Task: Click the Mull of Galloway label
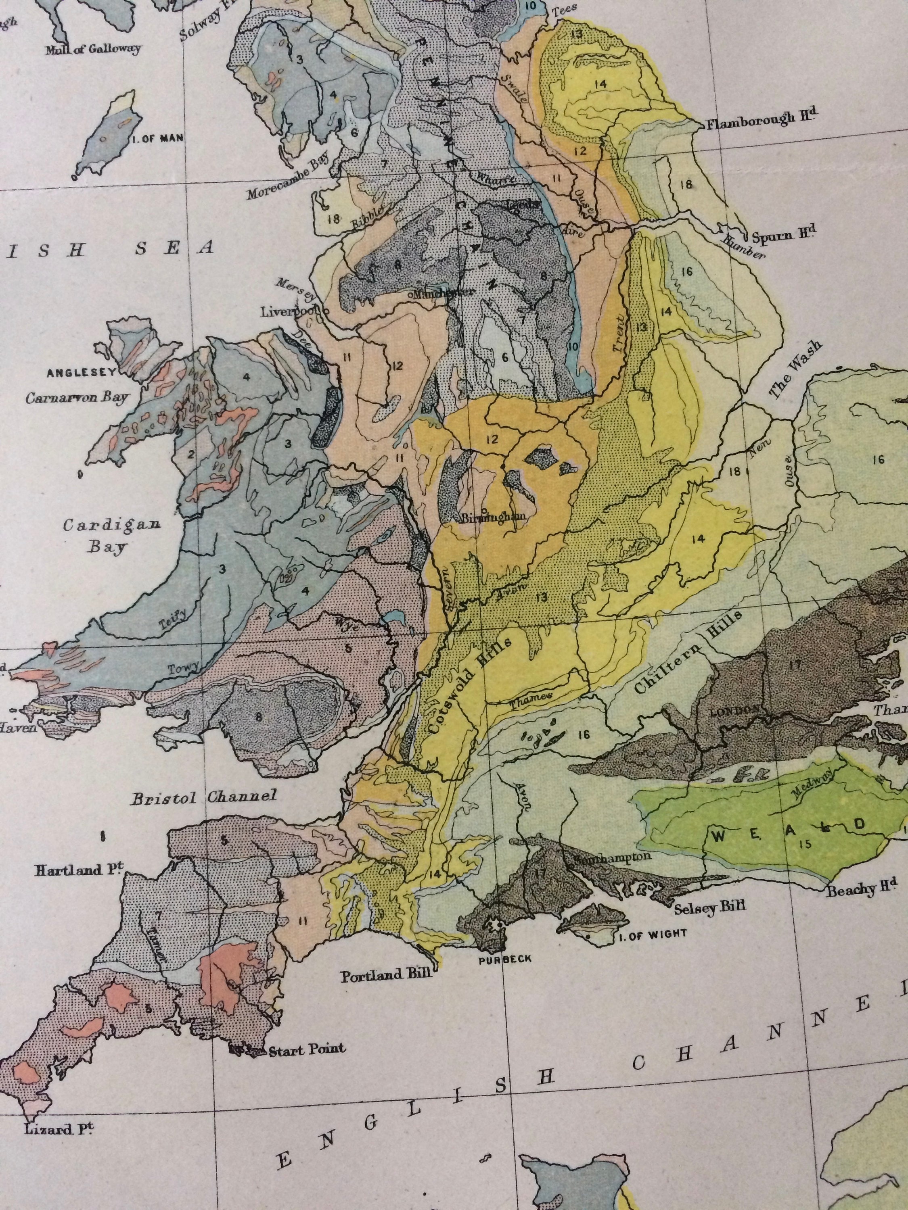click(x=93, y=49)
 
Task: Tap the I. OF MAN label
click(x=157, y=138)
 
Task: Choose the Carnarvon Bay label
click(x=77, y=397)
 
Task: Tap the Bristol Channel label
click(x=203, y=797)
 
